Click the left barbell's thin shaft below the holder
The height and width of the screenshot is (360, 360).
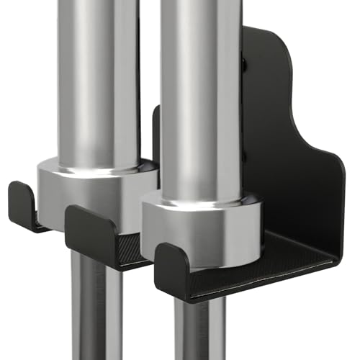coord(97,310)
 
